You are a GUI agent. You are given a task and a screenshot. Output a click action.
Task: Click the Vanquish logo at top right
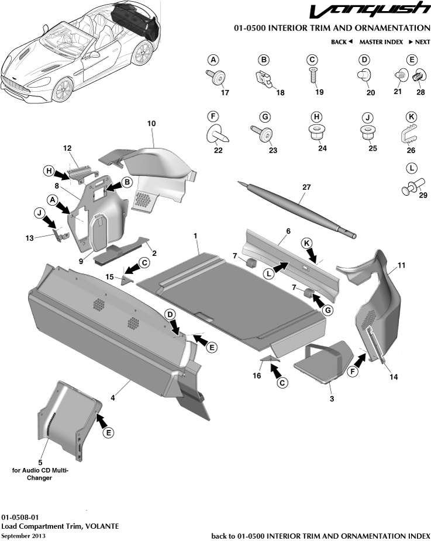(x=369, y=11)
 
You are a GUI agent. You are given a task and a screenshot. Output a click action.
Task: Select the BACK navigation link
(x=342, y=42)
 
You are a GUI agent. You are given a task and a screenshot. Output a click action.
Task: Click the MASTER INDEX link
(x=381, y=42)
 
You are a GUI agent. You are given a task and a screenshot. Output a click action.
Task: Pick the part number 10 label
(x=151, y=124)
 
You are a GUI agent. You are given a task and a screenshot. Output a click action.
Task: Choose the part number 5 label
(x=40, y=462)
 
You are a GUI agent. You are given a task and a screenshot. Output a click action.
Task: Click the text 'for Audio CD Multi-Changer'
(x=40, y=473)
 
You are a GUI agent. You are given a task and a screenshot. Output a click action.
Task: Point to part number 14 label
(x=394, y=377)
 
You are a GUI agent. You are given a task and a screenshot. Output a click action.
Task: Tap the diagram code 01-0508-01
(x=20, y=517)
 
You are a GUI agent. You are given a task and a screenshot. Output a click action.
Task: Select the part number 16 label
(x=256, y=376)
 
